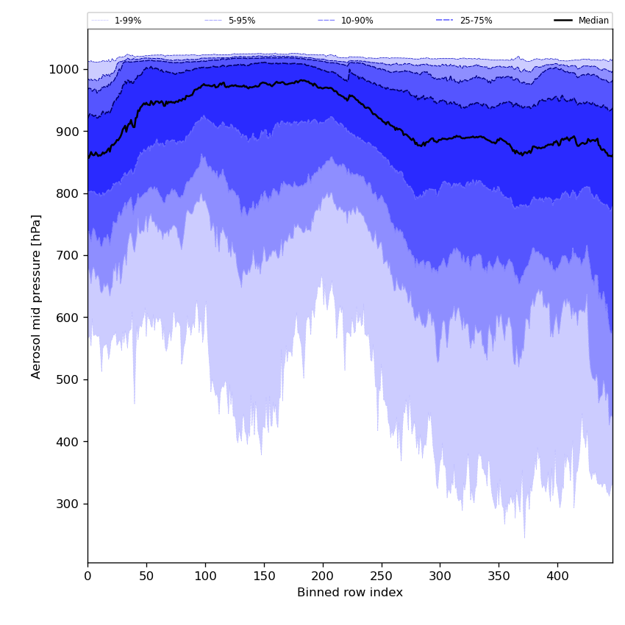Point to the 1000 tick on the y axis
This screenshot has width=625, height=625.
pos(65,69)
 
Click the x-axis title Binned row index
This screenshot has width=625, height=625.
pos(350,593)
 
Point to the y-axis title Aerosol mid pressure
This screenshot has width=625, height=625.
pos(36,296)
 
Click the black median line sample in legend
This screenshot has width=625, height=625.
pos(563,21)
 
